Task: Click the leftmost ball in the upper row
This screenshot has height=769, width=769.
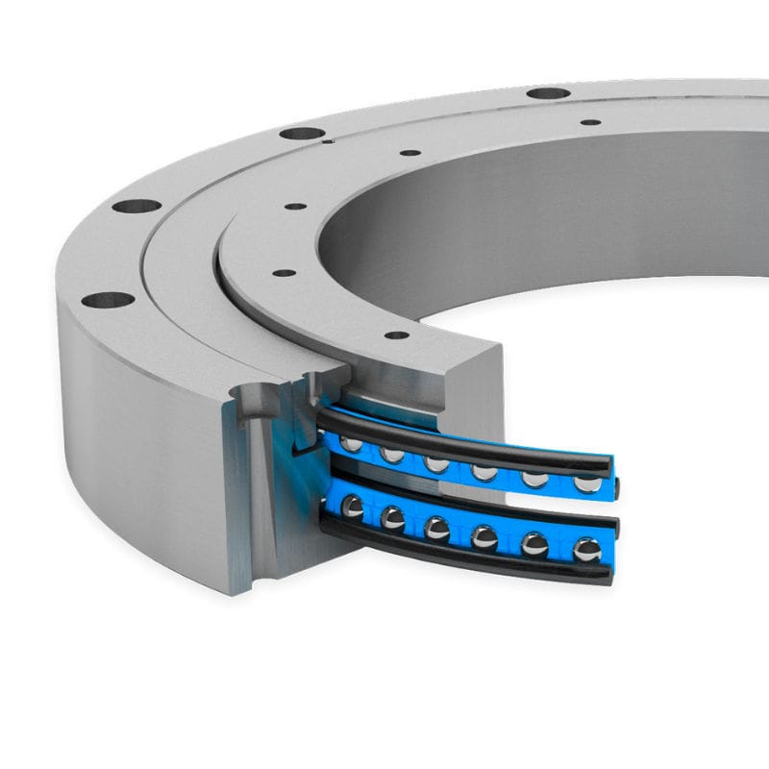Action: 353,443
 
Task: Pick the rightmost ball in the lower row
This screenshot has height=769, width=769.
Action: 586,551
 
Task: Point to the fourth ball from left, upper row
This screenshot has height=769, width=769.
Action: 485,471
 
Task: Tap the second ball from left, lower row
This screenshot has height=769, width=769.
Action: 392,518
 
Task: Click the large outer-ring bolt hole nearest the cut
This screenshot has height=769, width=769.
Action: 107,300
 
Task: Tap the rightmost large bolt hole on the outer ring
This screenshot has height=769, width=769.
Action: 549,94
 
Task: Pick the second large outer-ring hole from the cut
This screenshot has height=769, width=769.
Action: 136,206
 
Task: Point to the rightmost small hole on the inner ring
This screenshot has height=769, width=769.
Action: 590,123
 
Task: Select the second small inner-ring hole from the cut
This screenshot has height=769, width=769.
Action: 284,273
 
